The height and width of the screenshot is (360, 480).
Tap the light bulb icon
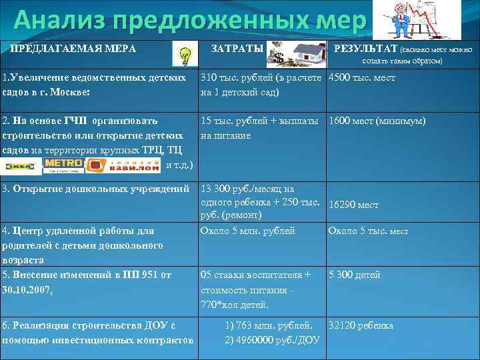(185, 54)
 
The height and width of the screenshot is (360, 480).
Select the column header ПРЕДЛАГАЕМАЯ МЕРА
(73, 49)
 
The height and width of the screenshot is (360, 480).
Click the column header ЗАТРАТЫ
(237, 49)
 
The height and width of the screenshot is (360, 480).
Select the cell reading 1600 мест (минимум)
(377, 121)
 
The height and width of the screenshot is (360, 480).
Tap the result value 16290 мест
(354, 205)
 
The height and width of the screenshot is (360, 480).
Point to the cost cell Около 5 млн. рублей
(247, 231)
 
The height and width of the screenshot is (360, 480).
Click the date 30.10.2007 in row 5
(27, 289)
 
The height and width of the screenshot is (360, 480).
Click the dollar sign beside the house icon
(279, 57)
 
